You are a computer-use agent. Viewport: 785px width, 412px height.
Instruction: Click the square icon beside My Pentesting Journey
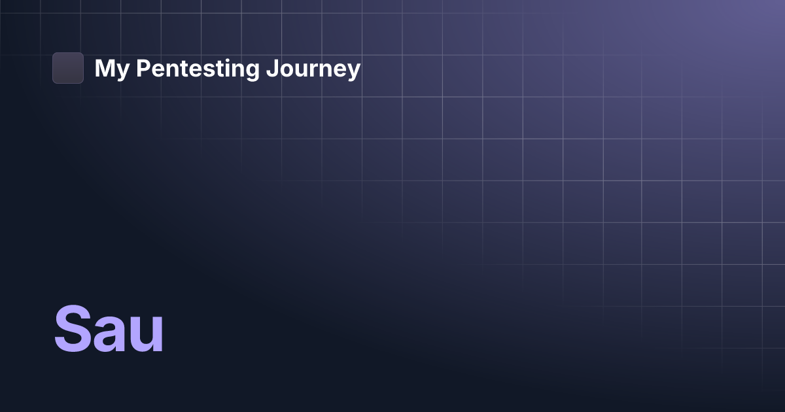[x=68, y=68]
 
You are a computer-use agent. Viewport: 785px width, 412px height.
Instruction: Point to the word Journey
[x=313, y=69]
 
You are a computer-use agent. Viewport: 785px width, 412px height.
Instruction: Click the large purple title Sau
[x=109, y=330]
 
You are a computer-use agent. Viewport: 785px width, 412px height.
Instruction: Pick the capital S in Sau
[x=73, y=330]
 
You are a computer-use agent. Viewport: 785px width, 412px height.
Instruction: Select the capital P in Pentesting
[x=142, y=68]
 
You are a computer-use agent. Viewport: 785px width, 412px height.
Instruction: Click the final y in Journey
[x=353, y=72]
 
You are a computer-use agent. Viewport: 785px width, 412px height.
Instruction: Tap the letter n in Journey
[x=324, y=71]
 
